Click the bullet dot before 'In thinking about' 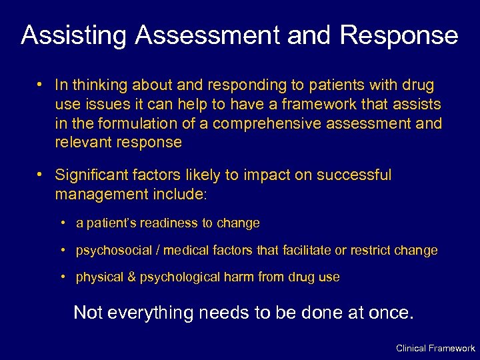(41, 85)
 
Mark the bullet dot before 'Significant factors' (41, 175)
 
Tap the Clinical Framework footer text (435, 348)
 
